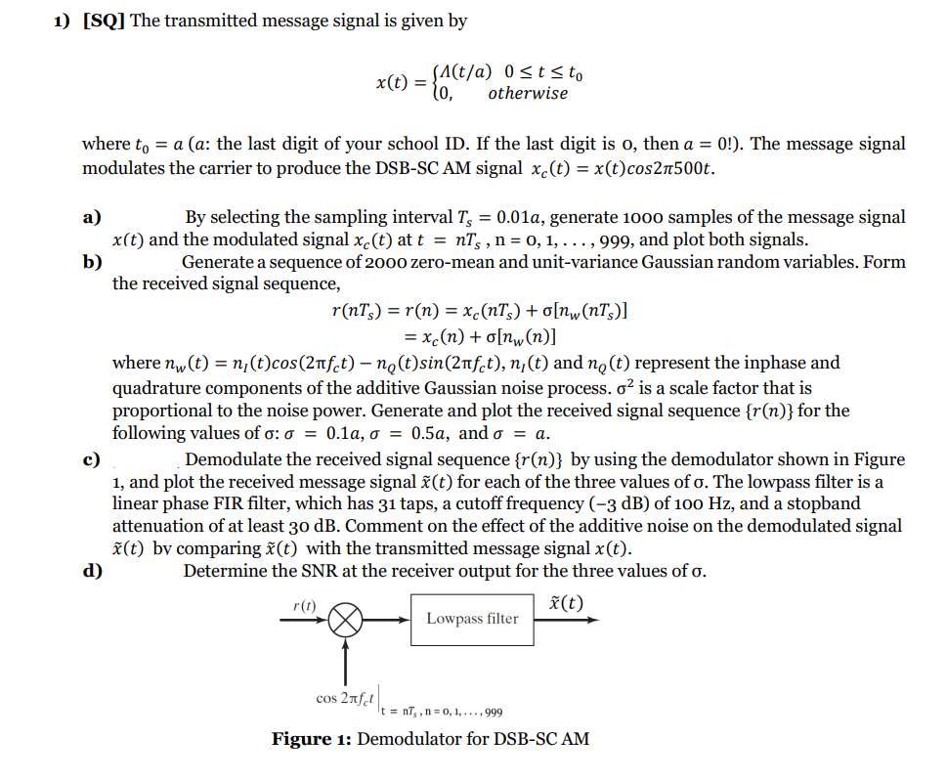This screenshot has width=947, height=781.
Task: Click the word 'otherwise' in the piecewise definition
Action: [527, 94]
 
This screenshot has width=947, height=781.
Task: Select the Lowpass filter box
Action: [472, 619]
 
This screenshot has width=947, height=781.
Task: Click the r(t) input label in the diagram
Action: [305, 606]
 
